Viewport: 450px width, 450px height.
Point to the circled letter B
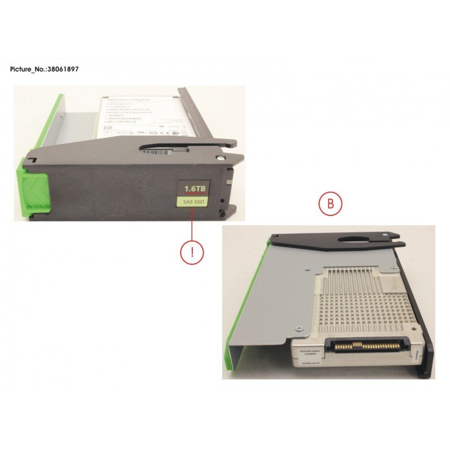tap(331, 204)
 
